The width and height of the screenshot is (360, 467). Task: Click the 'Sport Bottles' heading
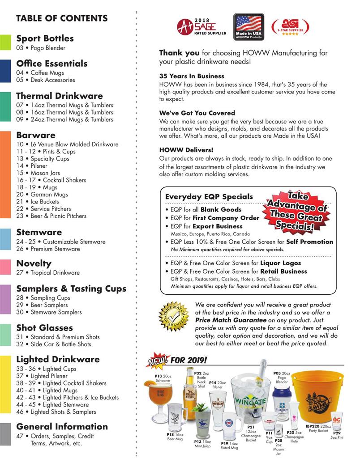(45, 38)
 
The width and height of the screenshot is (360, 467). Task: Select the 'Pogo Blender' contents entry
(41, 48)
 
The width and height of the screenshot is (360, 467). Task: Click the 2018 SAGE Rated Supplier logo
(201, 27)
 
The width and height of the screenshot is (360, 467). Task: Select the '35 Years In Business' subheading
(192, 76)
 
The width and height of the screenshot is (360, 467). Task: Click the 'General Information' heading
(62, 426)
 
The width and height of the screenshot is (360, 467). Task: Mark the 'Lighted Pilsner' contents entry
(46, 376)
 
